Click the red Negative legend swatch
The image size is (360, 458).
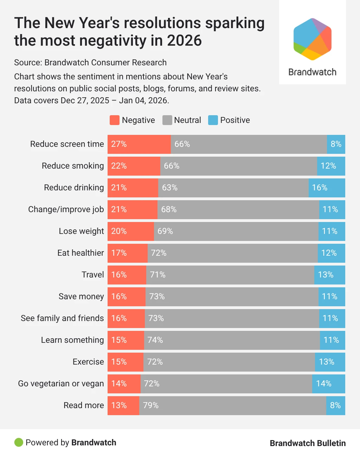coord(115,120)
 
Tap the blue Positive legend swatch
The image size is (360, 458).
coord(213,120)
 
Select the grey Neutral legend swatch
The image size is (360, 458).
coord(167,120)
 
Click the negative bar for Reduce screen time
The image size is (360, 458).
coord(139,144)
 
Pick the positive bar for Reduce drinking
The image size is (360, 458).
coord(327,188)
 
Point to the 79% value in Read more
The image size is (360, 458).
coord(151,405)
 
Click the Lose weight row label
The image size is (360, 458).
coord(81,231)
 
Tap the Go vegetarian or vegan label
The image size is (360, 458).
coord(61,384)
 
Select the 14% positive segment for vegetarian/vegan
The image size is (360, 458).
coord(328,384)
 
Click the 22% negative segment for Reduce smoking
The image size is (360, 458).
coord(134,166)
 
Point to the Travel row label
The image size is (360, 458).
coord(92,275)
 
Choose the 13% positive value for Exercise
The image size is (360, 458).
coord(327,362)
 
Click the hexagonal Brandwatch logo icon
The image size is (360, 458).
coord(312,39)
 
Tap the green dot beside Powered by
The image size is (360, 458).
coord(19,443)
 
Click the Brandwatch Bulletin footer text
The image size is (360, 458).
coord(308,443)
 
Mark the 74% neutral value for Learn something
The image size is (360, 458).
coord(155,340)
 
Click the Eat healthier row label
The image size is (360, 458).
coord(81,253)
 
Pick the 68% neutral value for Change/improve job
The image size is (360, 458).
coord(169,210)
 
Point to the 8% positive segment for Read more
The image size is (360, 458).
coord(335,406)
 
